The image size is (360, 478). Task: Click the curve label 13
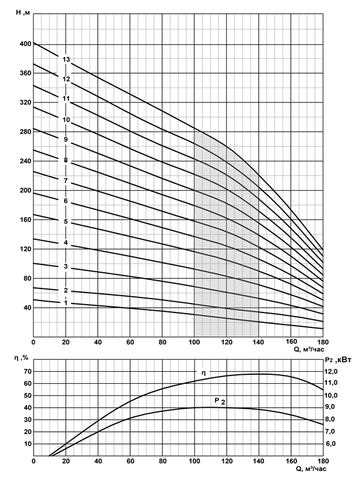click(66, 59)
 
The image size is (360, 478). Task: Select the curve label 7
click(65, 180)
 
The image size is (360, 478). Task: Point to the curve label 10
click(66, 120)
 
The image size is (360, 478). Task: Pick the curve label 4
click(66, 243)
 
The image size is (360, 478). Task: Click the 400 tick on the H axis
click(24, 44)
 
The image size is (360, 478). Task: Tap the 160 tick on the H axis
click(24, 220)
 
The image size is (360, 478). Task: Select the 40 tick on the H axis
click(26, 308)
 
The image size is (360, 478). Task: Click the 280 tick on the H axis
click(24, 132)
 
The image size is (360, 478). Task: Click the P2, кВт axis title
click(340, 359)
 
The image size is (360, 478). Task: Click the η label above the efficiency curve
click(204, 373)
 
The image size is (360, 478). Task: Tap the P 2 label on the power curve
click(218, 400)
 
